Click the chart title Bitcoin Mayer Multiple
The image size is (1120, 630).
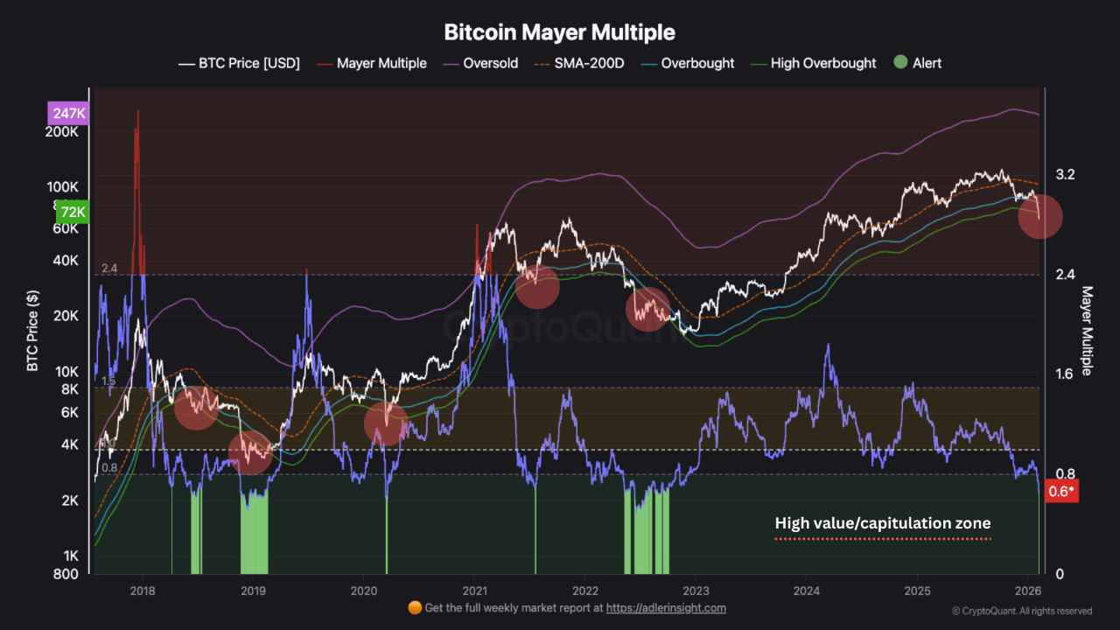coord(559,32)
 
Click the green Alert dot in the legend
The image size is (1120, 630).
coord(900,63)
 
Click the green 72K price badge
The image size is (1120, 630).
coord(72,212)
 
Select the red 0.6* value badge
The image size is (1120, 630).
coord(1061,491)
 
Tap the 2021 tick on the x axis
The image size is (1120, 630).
coord(474,590)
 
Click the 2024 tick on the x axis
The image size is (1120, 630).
coord(807,590)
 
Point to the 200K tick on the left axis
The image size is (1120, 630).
coord(63,132)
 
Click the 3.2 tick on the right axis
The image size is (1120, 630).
coord(1065,175)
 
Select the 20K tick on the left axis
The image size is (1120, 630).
coord(66,316)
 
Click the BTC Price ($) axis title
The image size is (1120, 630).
coord(32,331)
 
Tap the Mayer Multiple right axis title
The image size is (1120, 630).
coord(1088,331)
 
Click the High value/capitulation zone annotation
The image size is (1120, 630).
coord(882,523)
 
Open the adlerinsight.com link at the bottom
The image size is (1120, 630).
coord(666,607)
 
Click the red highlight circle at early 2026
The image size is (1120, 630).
coord(1040,216)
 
